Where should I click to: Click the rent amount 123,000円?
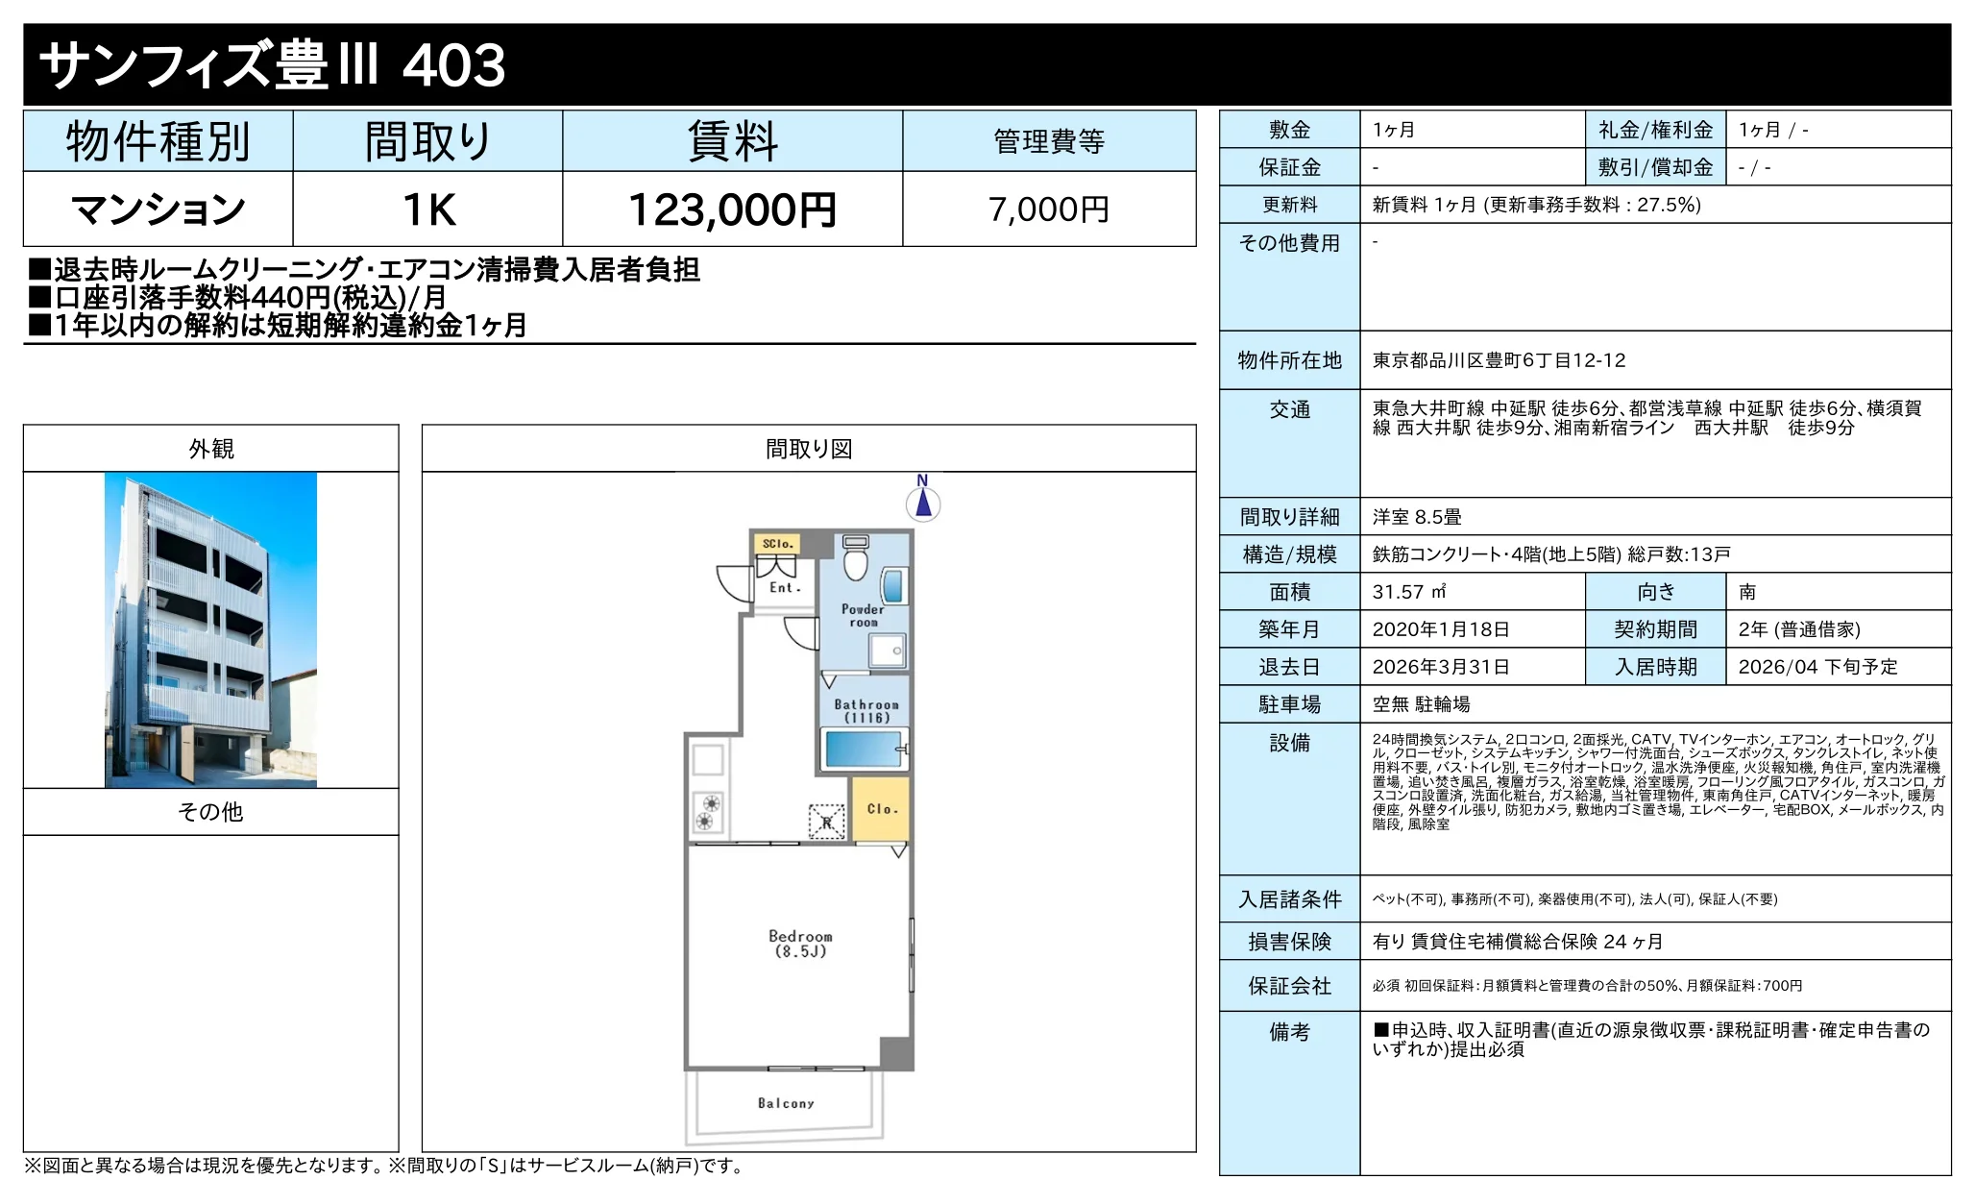732,209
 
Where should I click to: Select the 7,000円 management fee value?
1049,209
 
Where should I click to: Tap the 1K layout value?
428,209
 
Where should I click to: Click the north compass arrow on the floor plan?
923,502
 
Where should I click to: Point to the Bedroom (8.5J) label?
800,944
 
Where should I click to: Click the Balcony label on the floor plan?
786,1103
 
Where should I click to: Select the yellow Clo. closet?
880,809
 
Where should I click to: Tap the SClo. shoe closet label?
777,544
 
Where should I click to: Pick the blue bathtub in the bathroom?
864,748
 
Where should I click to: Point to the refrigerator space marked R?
827,822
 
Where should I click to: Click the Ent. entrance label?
785,588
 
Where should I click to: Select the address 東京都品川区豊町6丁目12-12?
1499,360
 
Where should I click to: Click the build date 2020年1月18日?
1441,629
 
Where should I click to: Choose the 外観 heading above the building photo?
211,449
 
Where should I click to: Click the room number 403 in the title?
453,65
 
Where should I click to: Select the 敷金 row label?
1289,130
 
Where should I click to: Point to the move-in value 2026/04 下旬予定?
1817,667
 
